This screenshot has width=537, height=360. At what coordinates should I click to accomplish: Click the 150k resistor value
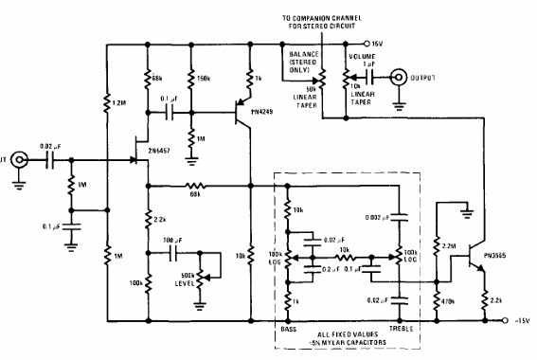point(201,77)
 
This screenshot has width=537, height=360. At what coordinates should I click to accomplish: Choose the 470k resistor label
point(452,302)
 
